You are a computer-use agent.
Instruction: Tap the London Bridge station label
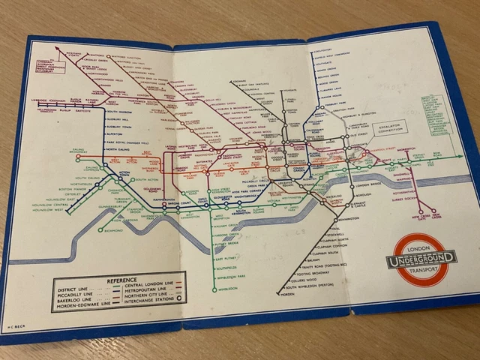[367, 184]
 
